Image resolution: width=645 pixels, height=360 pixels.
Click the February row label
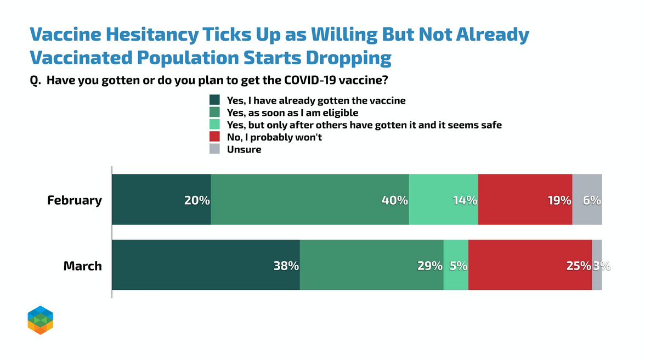[75, 200]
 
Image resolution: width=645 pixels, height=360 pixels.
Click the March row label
[83, 266]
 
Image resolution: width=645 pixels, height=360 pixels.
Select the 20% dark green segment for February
[162, 200]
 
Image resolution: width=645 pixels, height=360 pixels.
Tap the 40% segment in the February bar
[310, 200]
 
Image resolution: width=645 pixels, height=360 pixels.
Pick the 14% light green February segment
[444, 200]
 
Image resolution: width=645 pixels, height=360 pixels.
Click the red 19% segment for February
[525, 200]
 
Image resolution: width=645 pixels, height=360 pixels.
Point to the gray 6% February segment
[587, 200]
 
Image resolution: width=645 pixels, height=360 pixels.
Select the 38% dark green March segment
[206, 265]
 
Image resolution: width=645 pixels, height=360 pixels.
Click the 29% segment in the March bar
[372, 265]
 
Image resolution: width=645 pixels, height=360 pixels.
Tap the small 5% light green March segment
[456, 265]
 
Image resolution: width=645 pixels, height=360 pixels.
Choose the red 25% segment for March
[530, 265]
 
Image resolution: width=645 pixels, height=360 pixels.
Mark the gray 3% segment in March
[597, 265]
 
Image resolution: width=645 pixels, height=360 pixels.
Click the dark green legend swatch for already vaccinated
[215, 100]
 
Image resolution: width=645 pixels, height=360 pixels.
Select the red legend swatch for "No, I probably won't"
[215, 137]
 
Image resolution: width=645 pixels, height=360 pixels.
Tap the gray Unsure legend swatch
[215, 149]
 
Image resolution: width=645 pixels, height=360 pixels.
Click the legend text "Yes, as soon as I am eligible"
[292, 113]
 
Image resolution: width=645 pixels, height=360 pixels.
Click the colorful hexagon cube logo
[41, 320]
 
